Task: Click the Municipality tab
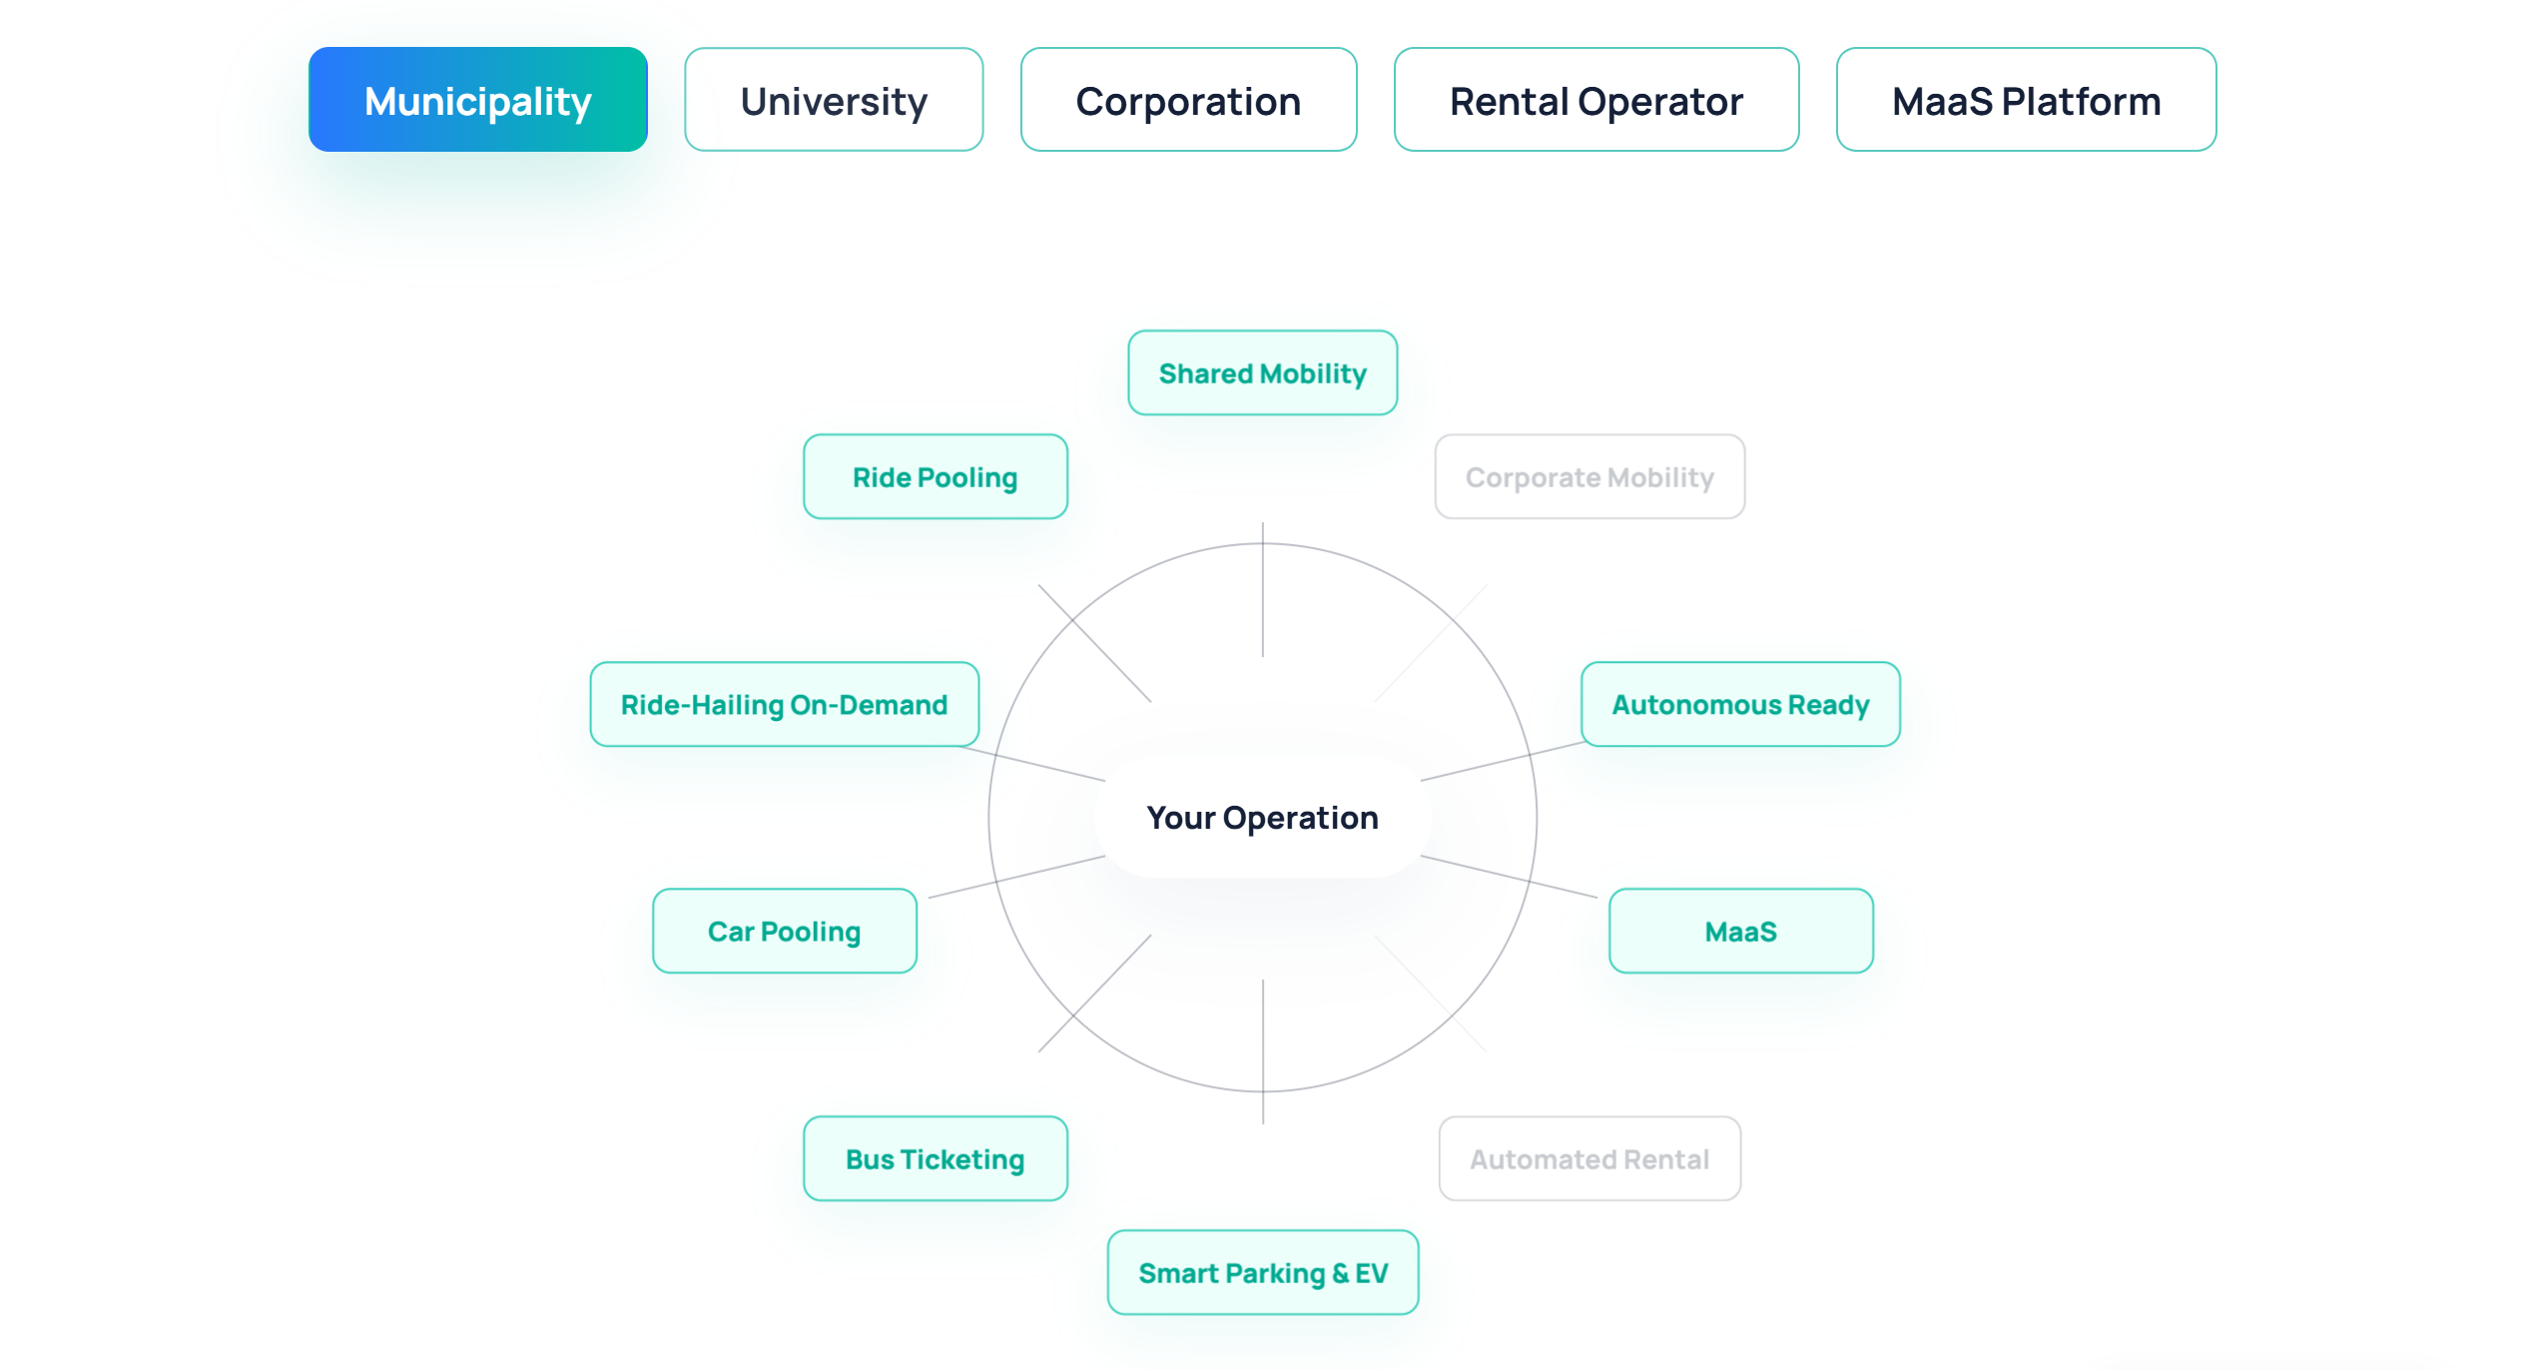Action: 478,100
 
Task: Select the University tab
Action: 834,100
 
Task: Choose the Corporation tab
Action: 1188,100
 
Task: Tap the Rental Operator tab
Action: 1596,100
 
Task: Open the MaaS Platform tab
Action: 2026,100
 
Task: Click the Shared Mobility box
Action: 1263,372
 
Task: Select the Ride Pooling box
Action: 936,476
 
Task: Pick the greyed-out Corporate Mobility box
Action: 1589,476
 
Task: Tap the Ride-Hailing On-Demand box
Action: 785,704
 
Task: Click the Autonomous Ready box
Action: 1740,704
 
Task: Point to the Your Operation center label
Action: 1263,818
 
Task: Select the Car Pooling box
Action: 785,931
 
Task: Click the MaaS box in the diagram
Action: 1740,931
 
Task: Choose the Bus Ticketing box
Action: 936,1158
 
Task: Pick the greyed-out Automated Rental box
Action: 1589,1158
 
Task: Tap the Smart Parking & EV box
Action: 1263,1272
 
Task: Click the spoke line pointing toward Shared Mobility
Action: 1263,589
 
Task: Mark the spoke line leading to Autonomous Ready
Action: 1503,761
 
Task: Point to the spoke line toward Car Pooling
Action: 1016,877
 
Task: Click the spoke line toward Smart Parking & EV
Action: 1263,1051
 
